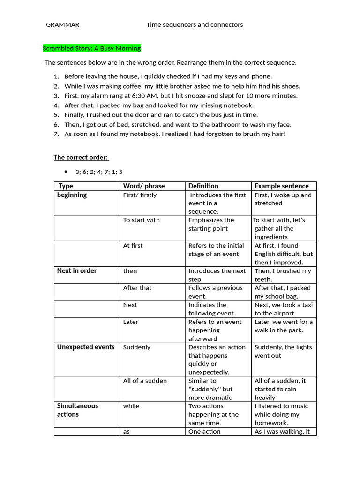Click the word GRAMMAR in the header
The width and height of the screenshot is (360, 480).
coord(62,24)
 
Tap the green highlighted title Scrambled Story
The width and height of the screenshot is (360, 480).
coord(92,48)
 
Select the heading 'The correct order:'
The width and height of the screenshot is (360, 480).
coord(81,157)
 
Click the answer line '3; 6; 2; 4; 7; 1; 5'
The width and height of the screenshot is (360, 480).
coord(99,172)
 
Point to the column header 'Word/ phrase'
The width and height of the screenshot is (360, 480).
coord(144,186)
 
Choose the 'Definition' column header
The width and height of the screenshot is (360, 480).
coord(203,186)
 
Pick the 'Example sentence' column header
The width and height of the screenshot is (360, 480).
coord(282,186)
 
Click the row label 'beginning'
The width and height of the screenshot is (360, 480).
coord(72,195)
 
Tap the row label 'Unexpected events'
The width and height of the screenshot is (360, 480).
coord(86,347)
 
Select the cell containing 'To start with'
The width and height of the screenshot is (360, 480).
coord(142,220)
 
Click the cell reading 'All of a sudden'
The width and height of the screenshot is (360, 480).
coord(145,381)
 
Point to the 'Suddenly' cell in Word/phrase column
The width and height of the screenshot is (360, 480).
coord(137,347)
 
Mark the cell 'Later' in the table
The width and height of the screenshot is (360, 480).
coord(131,322)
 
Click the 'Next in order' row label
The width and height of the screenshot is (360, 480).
coord(77,271)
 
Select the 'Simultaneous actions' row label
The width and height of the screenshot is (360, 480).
coord(78,410)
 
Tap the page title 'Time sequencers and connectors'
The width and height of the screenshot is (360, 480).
coord(195,24)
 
